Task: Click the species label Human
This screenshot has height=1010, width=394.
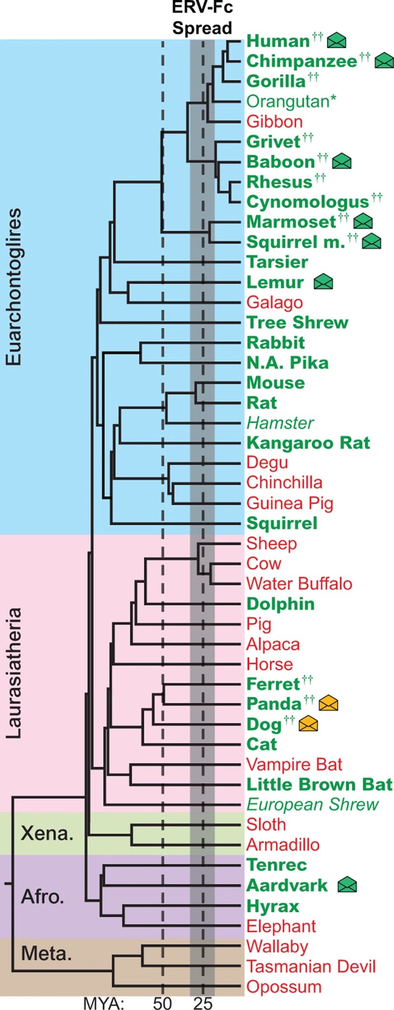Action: (x=278, y=41)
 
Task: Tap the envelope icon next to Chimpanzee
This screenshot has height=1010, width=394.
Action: (x=384, y=61)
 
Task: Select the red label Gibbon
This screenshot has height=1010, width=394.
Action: (x=274, y=121)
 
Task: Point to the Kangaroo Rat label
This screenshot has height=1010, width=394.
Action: (x=308, y=443)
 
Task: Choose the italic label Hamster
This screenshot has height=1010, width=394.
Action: (x=280, y=423)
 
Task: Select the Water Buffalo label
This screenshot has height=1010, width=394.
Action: (x=299, y=583)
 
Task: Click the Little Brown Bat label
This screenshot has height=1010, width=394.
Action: (x=319, y=784)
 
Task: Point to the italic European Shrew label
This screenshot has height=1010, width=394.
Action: (x=312, y=804)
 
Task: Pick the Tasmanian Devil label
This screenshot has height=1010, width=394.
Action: (x=311, y=966)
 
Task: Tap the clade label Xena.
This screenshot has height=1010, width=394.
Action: (x=47, y=833)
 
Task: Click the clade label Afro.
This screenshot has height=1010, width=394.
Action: (x=43, y=897)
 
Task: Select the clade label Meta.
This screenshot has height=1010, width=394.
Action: (x=46, y=954)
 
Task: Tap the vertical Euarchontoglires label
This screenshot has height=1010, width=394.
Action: (x=14, y=287)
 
